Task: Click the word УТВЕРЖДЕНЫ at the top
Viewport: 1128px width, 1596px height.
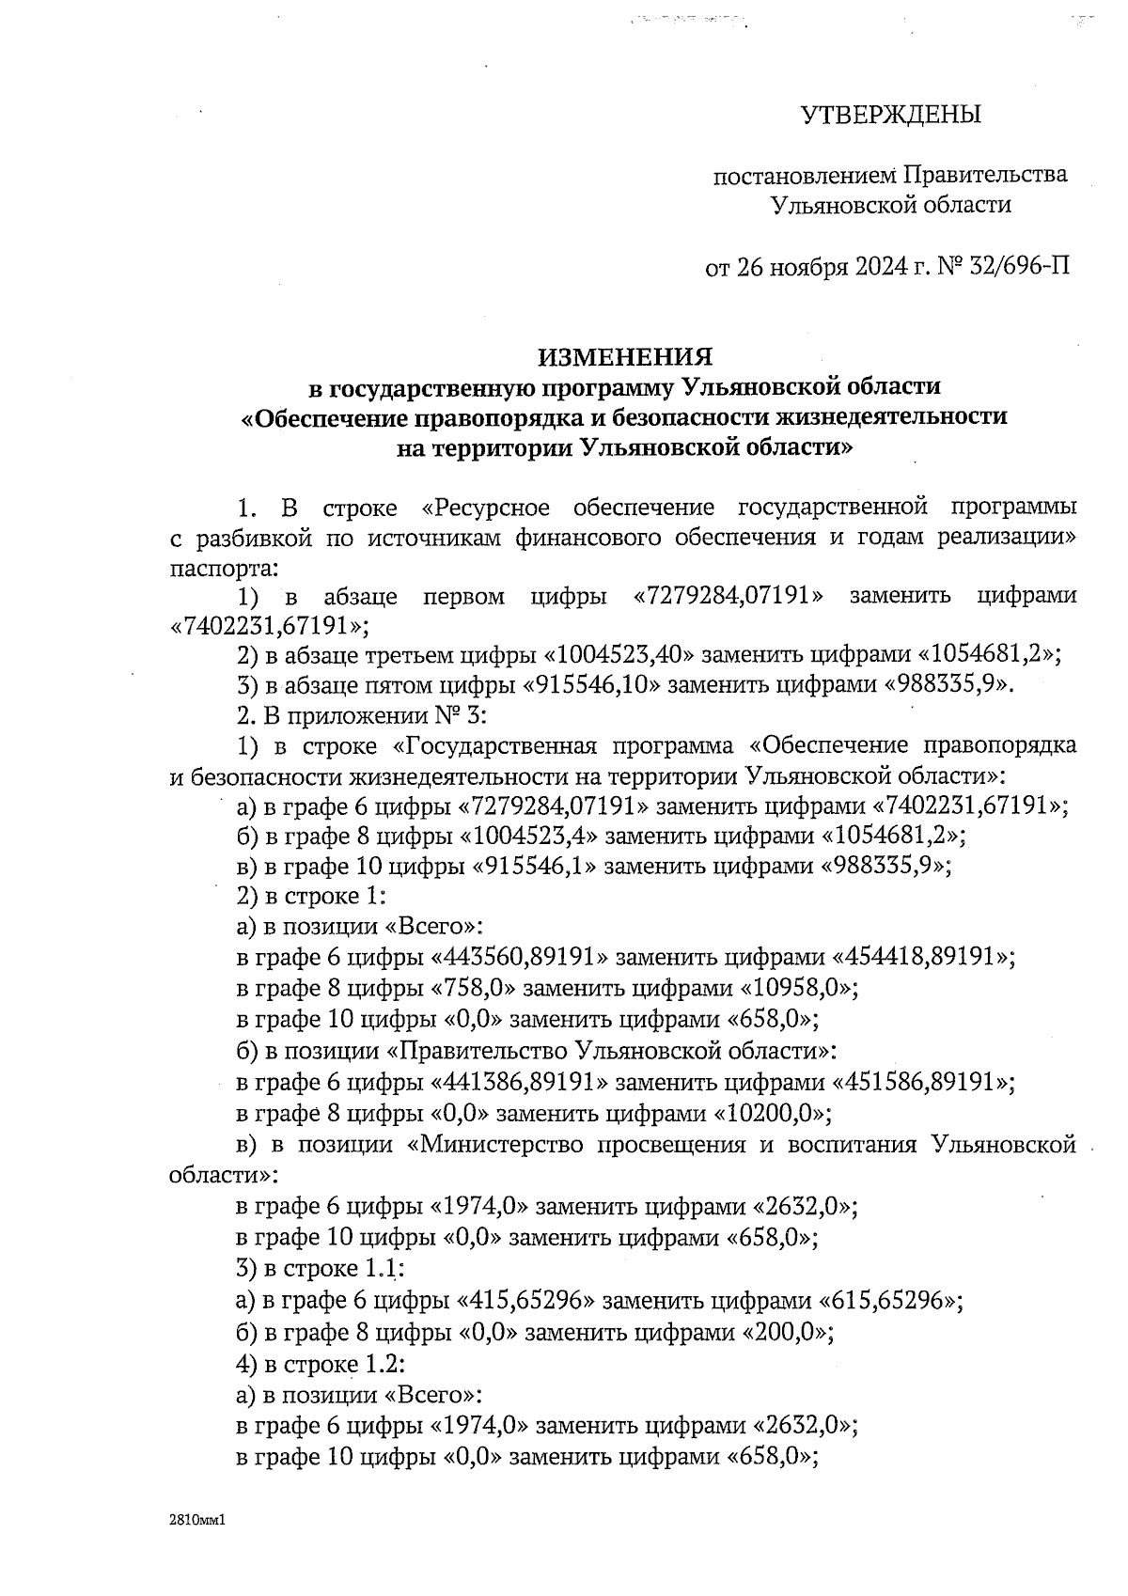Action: coord(890,116)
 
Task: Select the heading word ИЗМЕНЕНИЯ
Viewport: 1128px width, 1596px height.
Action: coord(624,357)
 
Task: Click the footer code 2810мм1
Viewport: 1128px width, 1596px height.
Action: coord(194,1519)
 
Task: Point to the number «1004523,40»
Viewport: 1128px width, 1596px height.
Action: coord(619,654)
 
